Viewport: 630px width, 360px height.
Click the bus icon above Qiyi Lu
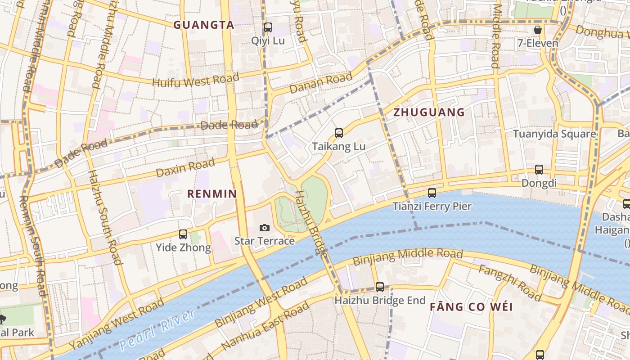click(x=268, y=27)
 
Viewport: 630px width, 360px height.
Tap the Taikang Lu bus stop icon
click(x=339, y=133)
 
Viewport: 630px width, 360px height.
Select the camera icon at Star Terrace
click(x=265, y=228)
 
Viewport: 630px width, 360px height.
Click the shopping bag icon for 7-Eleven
click(x=537, y=30)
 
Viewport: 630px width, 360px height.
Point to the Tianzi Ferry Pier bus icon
click(x=432, y=193)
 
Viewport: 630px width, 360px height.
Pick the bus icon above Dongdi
click(x=539, y=170)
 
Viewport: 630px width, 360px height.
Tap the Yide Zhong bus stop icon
click(x=183, y=234)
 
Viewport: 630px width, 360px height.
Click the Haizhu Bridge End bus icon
click(x=380, y=287)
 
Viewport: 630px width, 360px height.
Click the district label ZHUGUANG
click(x=429, y=112)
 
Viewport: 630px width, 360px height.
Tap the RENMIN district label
click(x=212, y=194)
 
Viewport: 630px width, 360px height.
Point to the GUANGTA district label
click(x=204, y=25)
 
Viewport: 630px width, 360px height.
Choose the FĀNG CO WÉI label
click(x=471, y=307)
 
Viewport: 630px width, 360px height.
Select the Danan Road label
click(x=320, y=84)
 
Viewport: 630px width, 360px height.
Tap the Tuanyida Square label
click(x=554, y=134)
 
